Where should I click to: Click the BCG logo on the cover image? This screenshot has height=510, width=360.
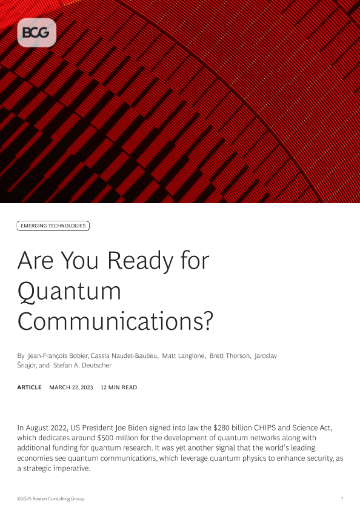[x=37, y=33]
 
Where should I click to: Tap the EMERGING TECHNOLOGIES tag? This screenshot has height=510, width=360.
[x=53, y=226]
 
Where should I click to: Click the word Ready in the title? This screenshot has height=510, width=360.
[x=141, y=261]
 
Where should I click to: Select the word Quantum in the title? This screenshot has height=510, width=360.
[x=69, y=292]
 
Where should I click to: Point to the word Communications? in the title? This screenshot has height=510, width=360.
[x=115, y=321]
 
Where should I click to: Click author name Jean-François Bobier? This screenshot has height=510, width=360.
[x=58, y=356]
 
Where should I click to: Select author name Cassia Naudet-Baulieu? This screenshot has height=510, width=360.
[x=124, y=356]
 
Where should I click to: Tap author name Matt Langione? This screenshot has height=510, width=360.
[x=184, y=356]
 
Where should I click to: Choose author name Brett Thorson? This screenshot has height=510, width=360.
[x=230, y=356]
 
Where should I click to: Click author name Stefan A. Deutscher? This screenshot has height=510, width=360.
[x=82, y=365]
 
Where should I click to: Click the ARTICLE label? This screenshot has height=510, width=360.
[x=29, y=388]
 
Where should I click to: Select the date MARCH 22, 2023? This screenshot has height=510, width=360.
[x=71, y=388]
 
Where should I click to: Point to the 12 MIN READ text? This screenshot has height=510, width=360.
[x=119, y=388]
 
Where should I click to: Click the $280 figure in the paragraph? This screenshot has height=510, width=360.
[x=221, y=428]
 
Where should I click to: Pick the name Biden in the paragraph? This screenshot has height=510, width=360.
[x=138, y=428]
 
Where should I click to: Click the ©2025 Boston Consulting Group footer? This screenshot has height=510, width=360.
[x=51, y=498]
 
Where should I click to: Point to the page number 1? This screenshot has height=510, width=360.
[x=342, y=498]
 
